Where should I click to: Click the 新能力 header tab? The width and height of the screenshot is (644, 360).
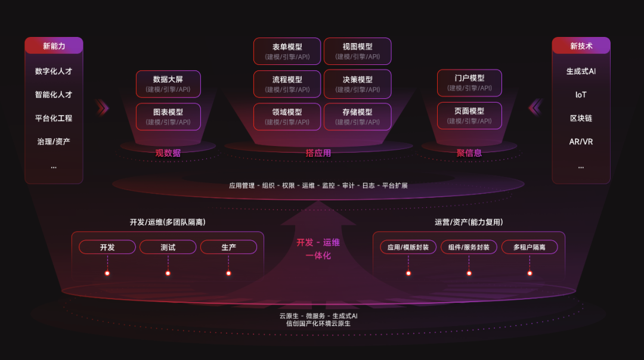tap(54, 45)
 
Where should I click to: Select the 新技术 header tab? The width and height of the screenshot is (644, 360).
tap(581, 45)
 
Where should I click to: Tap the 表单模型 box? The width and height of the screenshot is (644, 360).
tap(287, 51)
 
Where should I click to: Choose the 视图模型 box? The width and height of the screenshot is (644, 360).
tap(357, 51)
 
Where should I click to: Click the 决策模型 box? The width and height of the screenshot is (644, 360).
tap(357, 84)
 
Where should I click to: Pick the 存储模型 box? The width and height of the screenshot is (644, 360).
tap(357, 117)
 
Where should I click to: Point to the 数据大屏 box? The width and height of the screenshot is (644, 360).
tap(168, 83)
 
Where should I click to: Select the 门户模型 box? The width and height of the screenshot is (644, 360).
tap(469, 82)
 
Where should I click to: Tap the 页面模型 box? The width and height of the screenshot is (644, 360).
tap(469, 116)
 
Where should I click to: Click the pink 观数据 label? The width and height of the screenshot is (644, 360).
tap(168, 153)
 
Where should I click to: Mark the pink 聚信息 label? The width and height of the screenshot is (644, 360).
tap(469, 153)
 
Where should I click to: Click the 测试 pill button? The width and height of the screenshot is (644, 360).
tap(168, 247)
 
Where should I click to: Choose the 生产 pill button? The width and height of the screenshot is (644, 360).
tap(229, 247)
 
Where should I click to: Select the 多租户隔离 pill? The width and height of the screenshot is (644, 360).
tap(530, 247)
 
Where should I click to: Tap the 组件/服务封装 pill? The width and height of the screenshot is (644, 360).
tap(469, 247)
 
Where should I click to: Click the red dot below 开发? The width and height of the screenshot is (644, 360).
tap(107, 274)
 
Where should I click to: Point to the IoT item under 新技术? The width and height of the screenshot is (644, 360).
tap(581, 95)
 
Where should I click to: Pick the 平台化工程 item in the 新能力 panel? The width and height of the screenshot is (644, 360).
tap(54, 118)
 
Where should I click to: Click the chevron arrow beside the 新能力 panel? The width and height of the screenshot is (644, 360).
tap(103, 108)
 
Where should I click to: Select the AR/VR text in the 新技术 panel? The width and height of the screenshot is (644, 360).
tap(581, 142)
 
